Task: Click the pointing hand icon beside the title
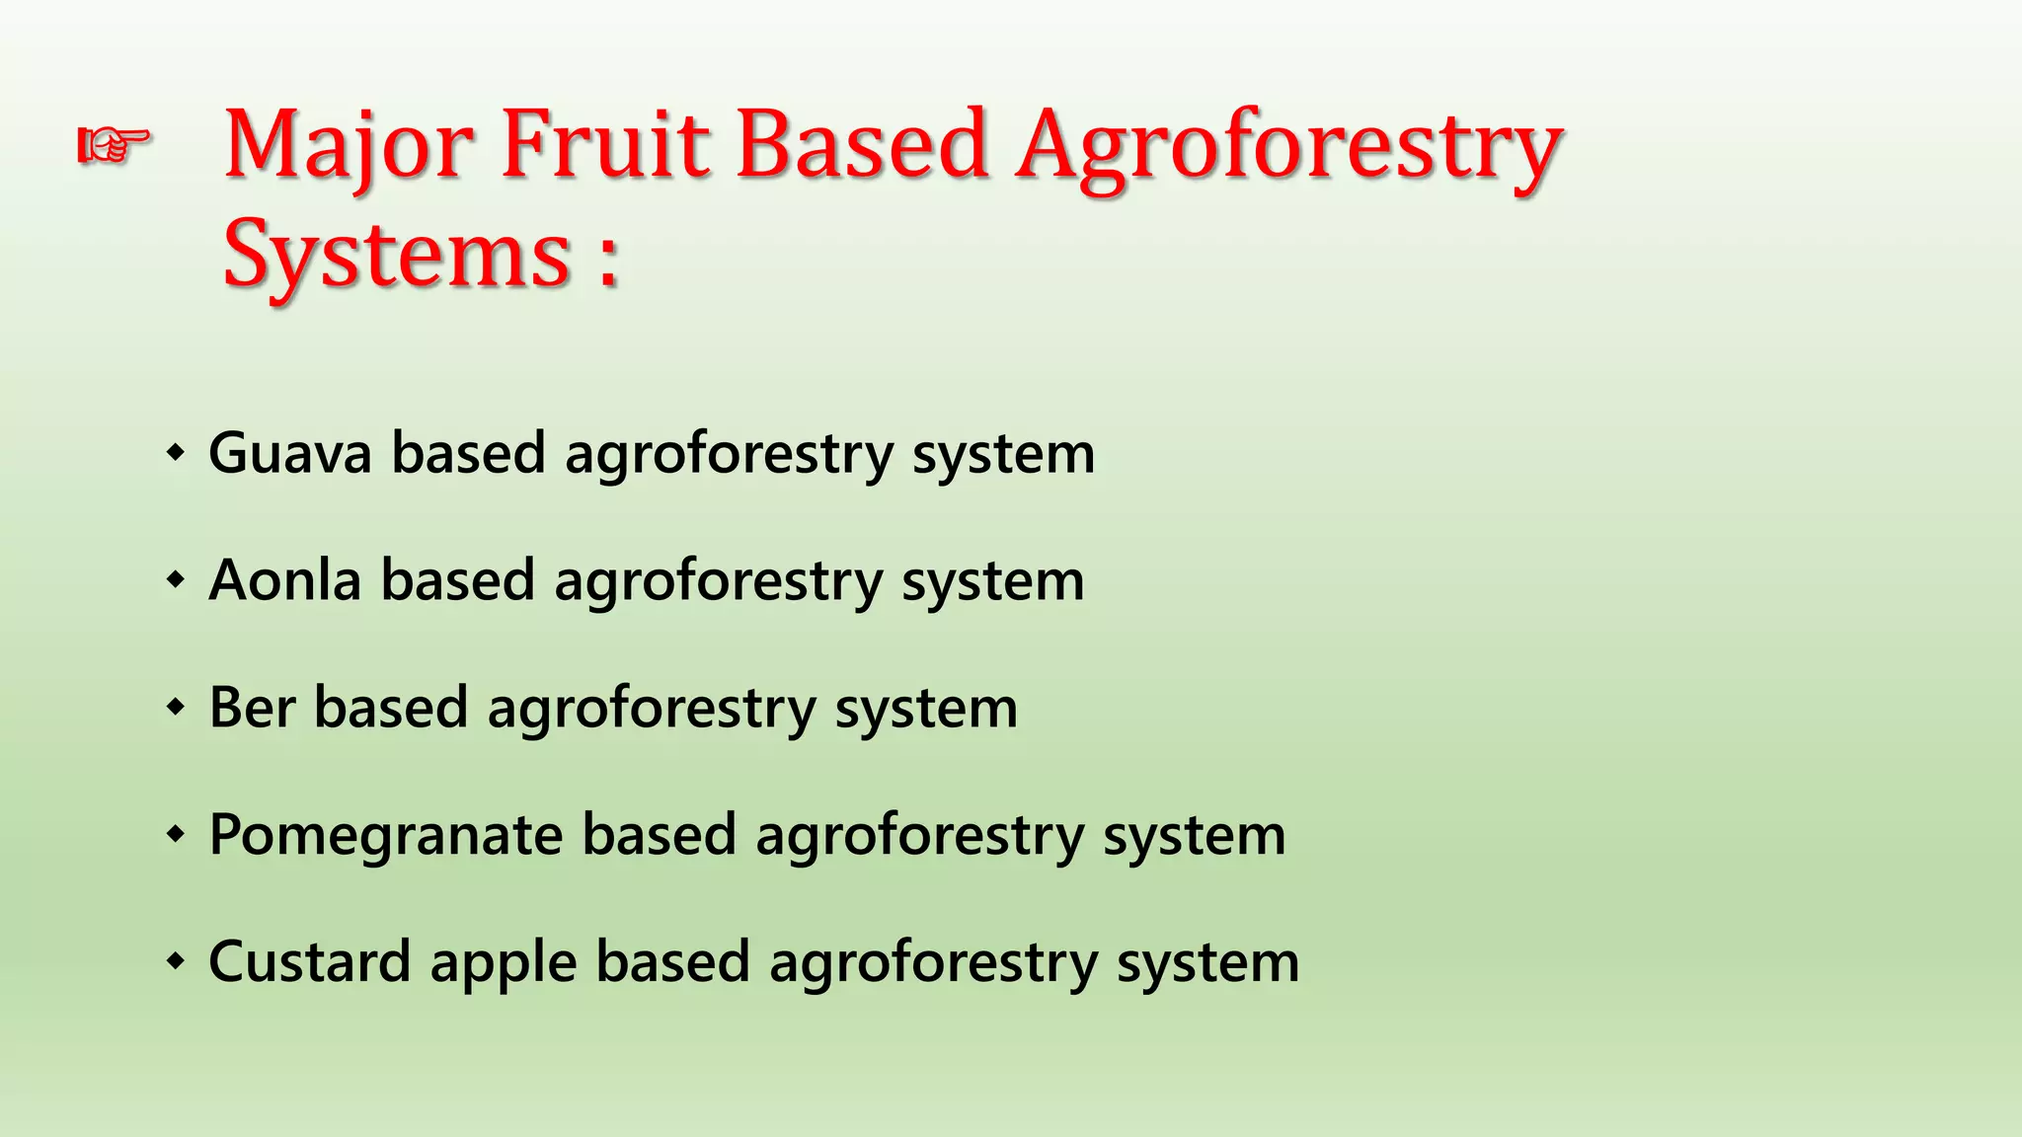pos(115,146)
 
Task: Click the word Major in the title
pos(348,148)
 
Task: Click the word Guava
pos(290,453)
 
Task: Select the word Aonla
pos(285,580)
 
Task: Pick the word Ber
pos(253,708)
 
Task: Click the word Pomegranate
pos(385,836)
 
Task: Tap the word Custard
pos(309,962)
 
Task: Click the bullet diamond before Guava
pos(176,454)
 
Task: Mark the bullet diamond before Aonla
pos(176,581)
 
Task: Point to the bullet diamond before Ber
pos(176,708)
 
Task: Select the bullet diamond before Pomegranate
pos(176,835)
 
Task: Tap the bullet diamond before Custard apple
pos(176,961)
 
